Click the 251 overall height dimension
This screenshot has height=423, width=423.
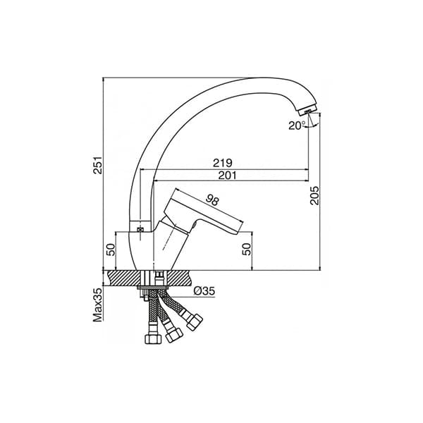click(98, 164)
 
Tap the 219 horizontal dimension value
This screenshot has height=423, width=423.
click(223, 163)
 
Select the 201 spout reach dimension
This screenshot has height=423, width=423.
click(227, 176)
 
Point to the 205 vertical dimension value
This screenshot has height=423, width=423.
click(314, 195)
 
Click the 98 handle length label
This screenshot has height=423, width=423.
click(213, 200)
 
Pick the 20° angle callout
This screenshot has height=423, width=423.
click(297, 125)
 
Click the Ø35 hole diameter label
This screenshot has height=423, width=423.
click(204, 291)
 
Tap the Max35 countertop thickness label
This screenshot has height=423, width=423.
click(98, 305)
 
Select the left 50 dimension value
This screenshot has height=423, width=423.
click(111, 250)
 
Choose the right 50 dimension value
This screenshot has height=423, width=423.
click(247, 249)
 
